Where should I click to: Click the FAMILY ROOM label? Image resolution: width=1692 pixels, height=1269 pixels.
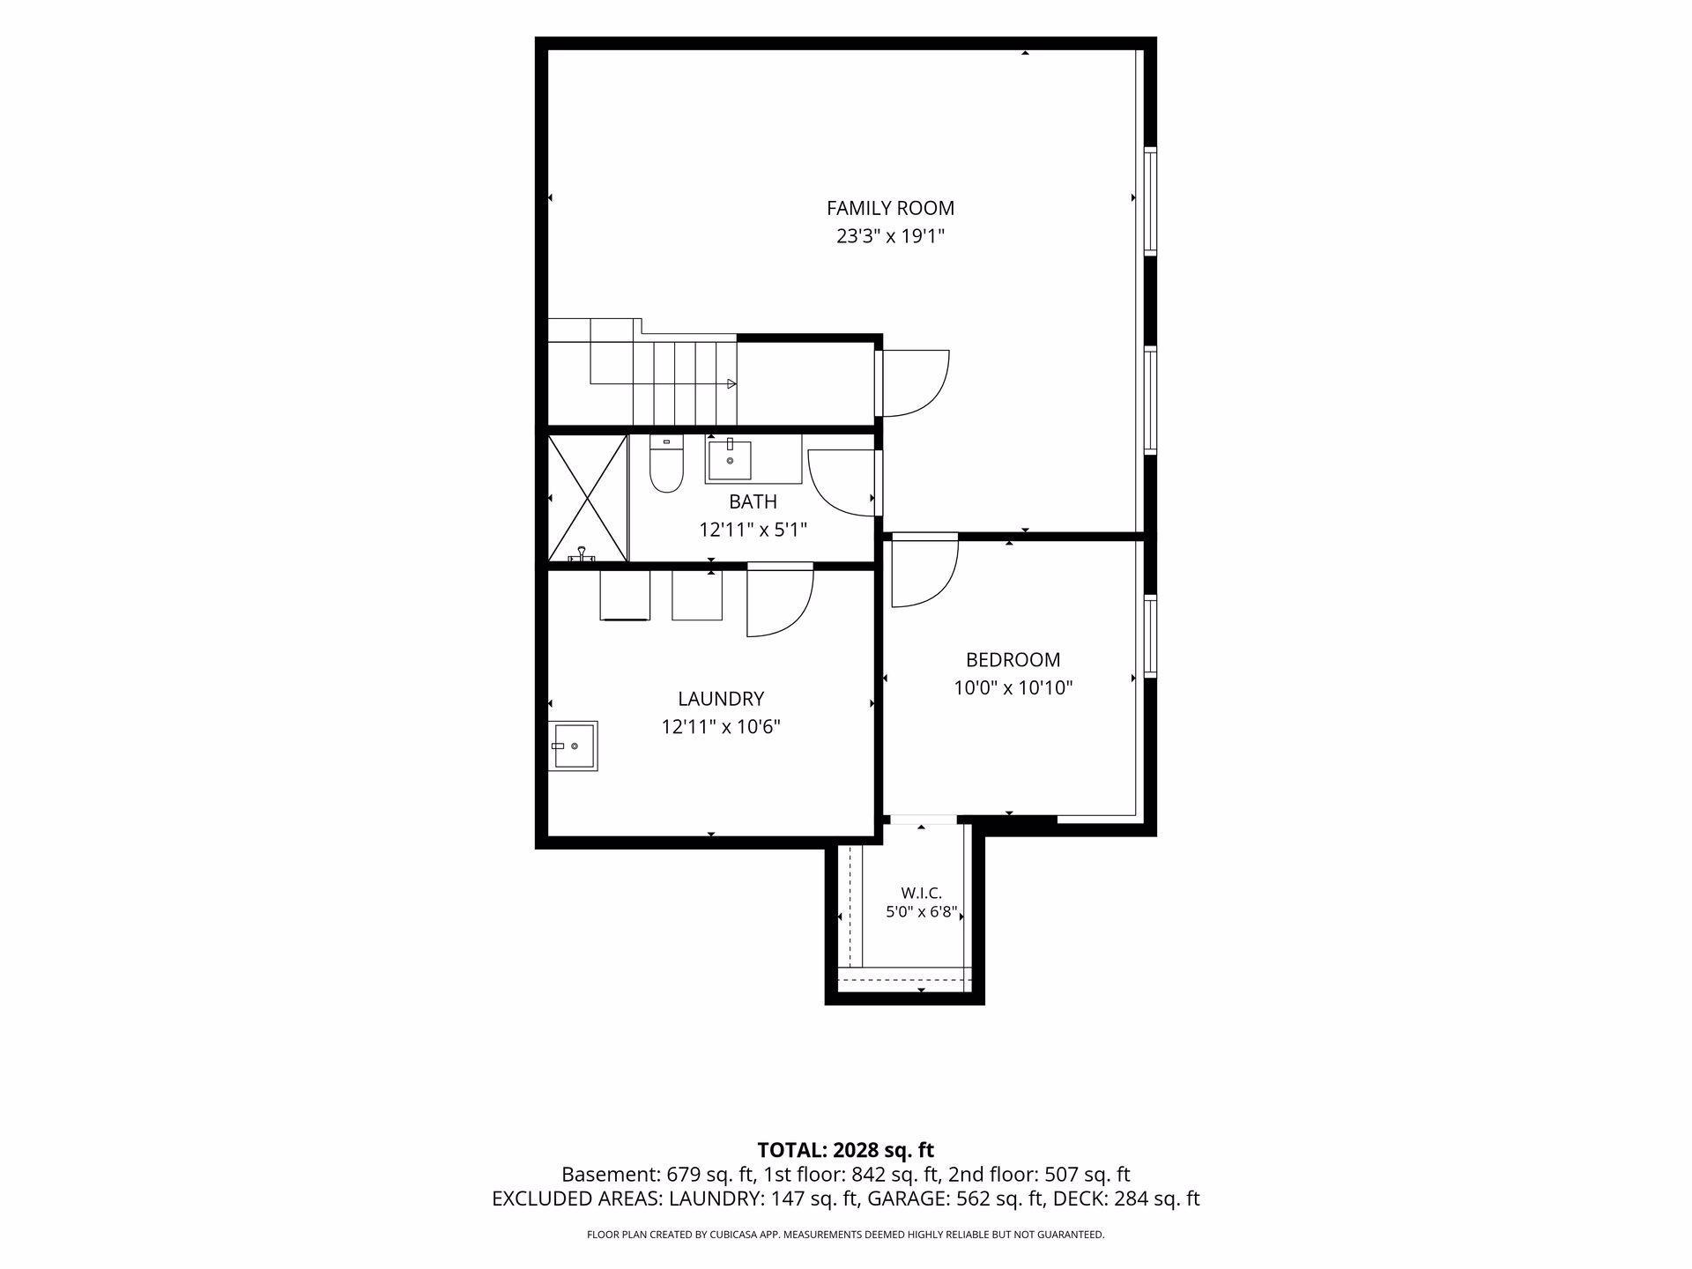[890, 208]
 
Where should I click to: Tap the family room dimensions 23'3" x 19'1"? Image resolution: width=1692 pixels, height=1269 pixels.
[890, 236]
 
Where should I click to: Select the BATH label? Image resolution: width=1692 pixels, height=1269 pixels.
[753, 501]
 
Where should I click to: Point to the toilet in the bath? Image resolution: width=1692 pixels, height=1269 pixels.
[666, 464]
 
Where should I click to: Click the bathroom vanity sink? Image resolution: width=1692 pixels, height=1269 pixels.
[729, 460]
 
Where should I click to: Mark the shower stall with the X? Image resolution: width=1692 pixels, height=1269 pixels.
[588, 498]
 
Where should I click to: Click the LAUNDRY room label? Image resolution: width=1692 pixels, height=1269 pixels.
[721, 699]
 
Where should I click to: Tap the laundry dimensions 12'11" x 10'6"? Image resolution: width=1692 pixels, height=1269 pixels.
[721, 727]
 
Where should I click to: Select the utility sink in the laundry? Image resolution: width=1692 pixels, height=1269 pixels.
[573, 746]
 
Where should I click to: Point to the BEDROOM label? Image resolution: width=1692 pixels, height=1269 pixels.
[1013, 659]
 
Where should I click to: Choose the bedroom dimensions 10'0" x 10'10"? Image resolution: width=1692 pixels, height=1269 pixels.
[1013, 687]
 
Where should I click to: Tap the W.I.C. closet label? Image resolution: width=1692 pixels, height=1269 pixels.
[921, 893]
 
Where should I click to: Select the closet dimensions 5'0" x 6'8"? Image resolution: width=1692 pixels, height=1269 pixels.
[921, 912]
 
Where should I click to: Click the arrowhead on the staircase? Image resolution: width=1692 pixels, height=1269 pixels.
[731, 384]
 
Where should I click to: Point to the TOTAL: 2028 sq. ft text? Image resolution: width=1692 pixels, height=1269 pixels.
[845, 1150]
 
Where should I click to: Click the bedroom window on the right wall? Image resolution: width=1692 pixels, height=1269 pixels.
[1150, 636]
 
